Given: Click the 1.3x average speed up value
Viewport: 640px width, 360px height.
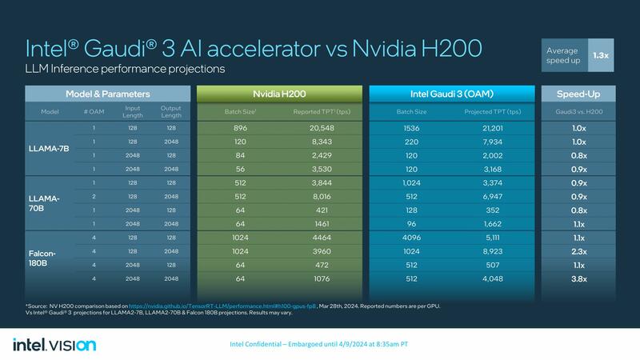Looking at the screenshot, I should point(600,56).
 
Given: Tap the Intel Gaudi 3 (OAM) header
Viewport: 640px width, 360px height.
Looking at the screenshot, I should point(450,94).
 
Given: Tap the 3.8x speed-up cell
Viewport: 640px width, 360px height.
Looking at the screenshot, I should point(578,279).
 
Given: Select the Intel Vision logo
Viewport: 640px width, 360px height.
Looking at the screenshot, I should point(54,344).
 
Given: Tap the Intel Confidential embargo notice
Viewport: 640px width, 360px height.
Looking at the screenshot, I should point(319,344).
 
